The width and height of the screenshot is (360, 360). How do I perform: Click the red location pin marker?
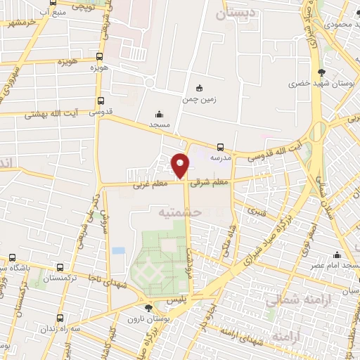pyautogui.click(x=181, y=165)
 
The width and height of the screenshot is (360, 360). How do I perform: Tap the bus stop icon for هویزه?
pyautogui.click(x=100, y=57)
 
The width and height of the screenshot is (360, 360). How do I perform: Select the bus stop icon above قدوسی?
pyautogui.click(x=101, y=101)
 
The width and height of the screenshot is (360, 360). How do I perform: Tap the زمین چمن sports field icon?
pyautogui.click(x=200, y=89)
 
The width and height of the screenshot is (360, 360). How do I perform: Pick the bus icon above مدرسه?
pyautogui.click(x=221, y=147)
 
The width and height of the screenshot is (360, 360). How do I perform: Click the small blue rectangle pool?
pyautogui.click(x=118, y=250)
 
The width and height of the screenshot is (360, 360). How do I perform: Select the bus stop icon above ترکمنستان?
pyautogui.click(x=60, y=268)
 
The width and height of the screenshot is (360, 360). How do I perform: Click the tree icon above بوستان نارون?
pyautogui.click(x=148, y=308)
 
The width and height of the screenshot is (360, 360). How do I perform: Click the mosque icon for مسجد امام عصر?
pyautogui.click(x=338, y=255)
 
